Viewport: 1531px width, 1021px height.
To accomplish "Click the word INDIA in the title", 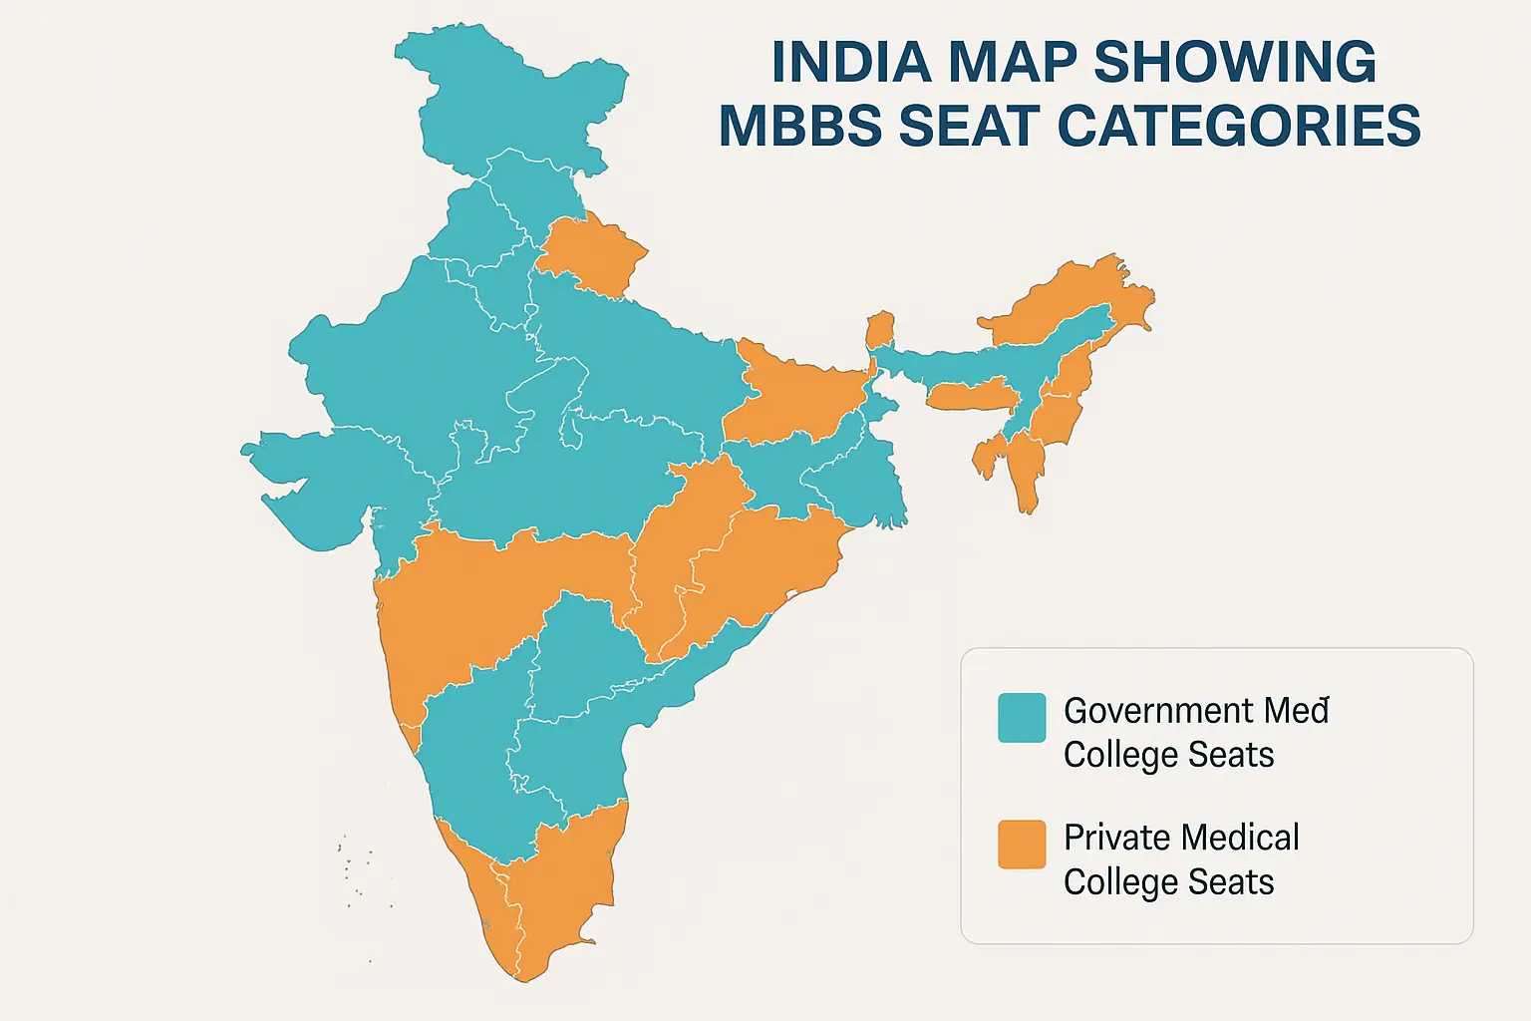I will pos(851,63).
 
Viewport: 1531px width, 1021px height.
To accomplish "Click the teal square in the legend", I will pos(1022,718).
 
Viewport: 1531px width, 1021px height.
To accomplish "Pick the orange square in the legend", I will pos(1022,845).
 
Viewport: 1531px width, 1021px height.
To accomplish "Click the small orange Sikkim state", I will pos(880,329).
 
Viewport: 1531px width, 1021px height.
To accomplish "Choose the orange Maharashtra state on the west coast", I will pos(478,598).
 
